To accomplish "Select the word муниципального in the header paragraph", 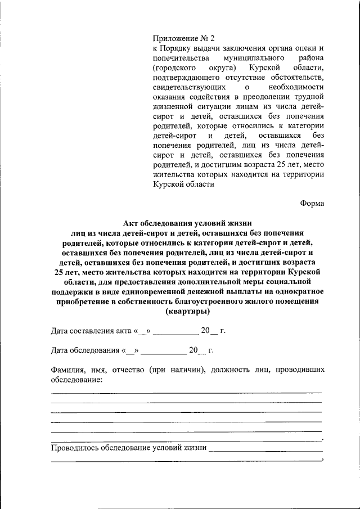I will [x=250, y=58].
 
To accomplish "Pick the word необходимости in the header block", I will [x=296, y=88].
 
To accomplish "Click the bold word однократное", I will [x=297, y=291].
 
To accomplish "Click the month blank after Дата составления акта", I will [x=175, y=332].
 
